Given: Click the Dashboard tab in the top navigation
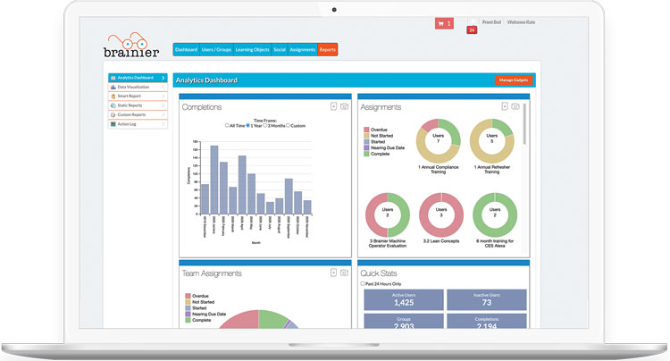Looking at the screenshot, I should pos(186,50).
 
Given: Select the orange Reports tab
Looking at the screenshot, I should pos(328,50).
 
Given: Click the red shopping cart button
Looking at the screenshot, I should pos(444,23).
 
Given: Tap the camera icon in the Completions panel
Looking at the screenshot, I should pos(344,106).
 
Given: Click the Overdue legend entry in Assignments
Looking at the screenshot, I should pos(379,130).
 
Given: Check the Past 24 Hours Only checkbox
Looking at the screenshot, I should pos(362,283).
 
